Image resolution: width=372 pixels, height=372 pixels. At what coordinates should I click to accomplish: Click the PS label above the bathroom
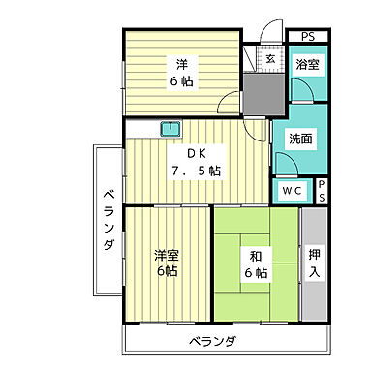click(307, 37)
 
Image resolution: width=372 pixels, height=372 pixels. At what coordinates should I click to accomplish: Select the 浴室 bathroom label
click(309, 65)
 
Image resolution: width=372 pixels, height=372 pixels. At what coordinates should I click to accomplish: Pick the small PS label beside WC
click(322, 191)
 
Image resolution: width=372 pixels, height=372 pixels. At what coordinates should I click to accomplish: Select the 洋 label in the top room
click(181, 65)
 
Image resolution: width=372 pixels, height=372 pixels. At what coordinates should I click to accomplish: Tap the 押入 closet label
click(314, 263)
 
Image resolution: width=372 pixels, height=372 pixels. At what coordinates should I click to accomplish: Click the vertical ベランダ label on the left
click(108, 221)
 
